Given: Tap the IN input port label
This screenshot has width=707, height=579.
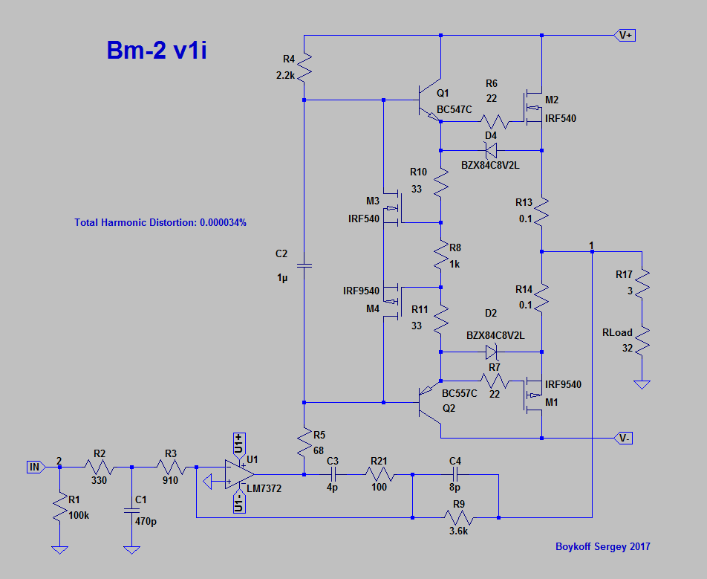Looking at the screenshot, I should (x=34, y=467).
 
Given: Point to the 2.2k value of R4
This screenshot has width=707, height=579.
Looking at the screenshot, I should (x=284, y=75).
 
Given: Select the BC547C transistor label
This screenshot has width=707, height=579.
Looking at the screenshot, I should (x=454, y=109).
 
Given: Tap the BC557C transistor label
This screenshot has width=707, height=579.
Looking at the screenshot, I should (x=460, y=393).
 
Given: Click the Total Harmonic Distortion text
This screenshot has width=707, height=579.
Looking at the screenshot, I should (x=160, y=222).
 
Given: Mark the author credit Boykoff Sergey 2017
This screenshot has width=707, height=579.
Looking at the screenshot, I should (x=603, y=546).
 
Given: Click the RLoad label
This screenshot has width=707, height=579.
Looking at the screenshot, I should (x=617, y=332).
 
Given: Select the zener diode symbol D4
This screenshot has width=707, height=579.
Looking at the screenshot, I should (x=490, y=150).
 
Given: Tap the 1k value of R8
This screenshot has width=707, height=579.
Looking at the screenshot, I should (x=454, y=265).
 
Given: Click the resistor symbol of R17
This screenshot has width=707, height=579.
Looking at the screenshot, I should (x=642, y=282).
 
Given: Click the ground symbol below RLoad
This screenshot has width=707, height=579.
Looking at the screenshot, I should (x=642, y=384).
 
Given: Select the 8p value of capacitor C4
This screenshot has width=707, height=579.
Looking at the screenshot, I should (x=455, y=487).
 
